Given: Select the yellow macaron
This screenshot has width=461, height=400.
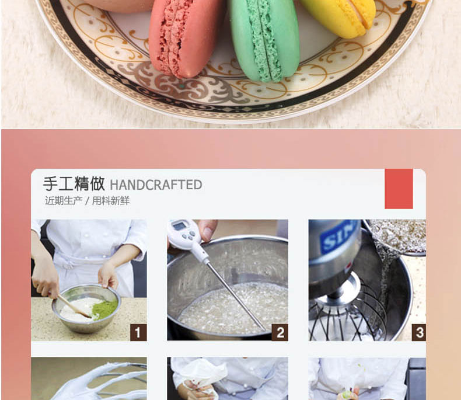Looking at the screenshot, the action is [x=338, y=16].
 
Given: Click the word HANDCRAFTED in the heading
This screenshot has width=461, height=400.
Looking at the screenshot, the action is [x=156, y=185].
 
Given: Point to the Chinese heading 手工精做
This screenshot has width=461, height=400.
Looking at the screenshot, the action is [x=74, y=184].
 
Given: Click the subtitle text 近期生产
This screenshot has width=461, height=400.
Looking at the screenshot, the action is [x=64, y=201].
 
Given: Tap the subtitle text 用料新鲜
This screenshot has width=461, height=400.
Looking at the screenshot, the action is [x=111, y=201].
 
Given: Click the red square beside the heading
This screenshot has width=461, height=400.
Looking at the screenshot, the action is [x=399, y=189].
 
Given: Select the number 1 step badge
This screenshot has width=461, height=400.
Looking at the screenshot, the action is [x=138, y=333].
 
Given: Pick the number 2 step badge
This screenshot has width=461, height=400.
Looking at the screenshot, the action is [x=280, y=333].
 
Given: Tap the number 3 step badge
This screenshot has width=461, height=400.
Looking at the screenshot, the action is [x=419, y=333].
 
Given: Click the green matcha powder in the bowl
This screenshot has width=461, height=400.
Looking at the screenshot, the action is [x=104, y=309].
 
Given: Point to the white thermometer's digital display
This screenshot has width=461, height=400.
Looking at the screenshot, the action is [x=179, y=226].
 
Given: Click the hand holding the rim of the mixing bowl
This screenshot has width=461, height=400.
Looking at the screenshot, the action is [x=108, y=276].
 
